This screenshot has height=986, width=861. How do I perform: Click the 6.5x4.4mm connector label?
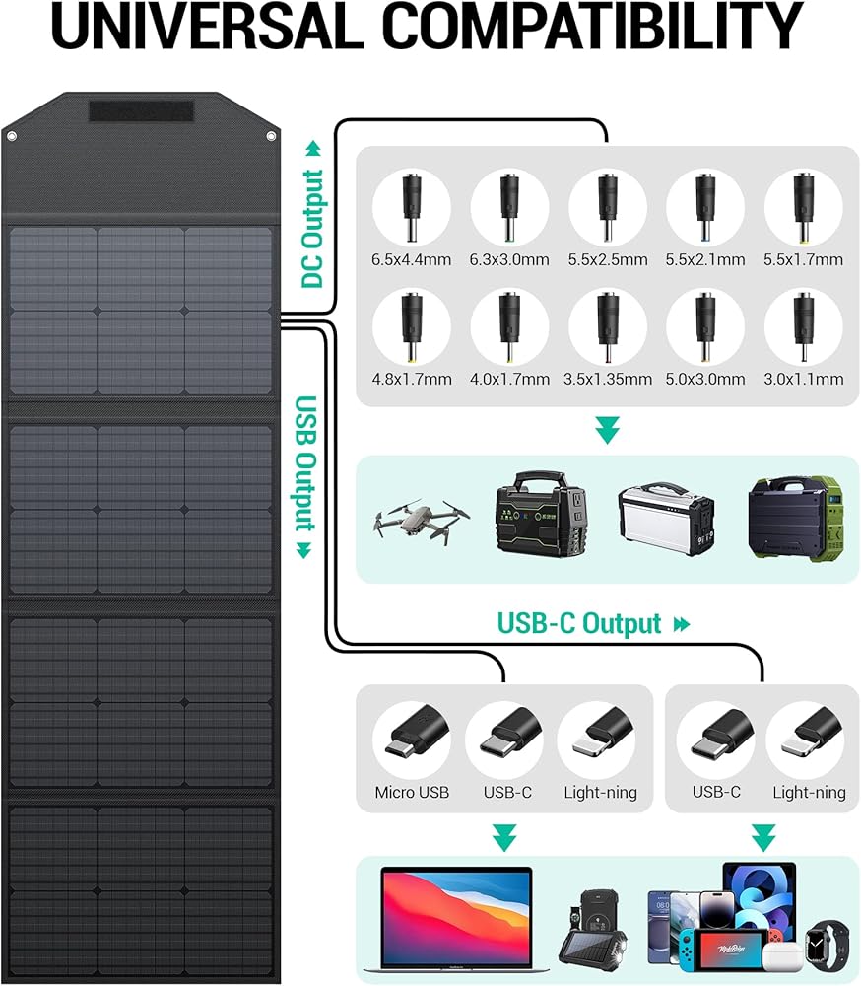click(x=412, y=260)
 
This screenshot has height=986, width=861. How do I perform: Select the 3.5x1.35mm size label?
click(x=608, y=379)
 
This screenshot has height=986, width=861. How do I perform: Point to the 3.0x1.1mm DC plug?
click(x=803, y=326)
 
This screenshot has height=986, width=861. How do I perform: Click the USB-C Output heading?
click(x=580, y=624)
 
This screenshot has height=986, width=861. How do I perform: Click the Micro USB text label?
click(x=412, y=792)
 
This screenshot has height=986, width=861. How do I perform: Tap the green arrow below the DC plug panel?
click(x=608, y=431)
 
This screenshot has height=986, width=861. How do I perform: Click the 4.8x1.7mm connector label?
click(x=412, y=379)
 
